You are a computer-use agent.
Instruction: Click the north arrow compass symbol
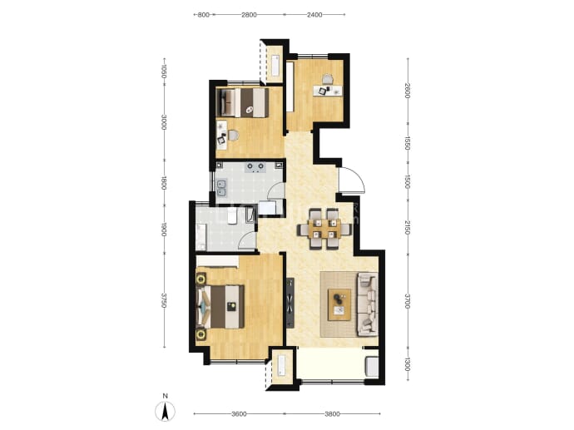point(165,411)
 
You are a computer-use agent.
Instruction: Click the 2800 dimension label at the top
point(249,15)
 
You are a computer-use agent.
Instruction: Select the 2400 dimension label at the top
point(314,15)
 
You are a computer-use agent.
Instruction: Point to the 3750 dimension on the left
point(164,300)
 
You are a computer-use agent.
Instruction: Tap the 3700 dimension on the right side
point(408,301)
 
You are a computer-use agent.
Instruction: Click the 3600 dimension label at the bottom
point(239,414)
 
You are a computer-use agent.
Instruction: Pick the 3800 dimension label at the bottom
point(332,414)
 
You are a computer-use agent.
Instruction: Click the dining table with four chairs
point(324,229)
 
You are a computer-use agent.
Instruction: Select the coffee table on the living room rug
point(339,305)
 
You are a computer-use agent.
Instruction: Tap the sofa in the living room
point(367,304)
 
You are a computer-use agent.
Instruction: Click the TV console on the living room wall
point(290,303)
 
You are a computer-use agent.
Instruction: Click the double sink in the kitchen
point(222,187)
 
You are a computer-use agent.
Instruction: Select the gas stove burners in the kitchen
point(255,167)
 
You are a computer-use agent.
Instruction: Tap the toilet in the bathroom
point(232,216)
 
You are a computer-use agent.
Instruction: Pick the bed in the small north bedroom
point(242,102)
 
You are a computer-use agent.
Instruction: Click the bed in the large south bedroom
point(220,307)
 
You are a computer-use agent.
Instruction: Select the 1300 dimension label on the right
point(408,364)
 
